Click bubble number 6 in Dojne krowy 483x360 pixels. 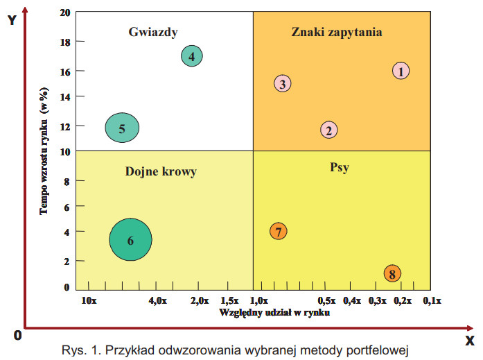(x=130, y=240)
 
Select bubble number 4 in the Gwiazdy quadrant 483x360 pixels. (x=192, y=56)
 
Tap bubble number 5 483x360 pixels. (x=122, y=128)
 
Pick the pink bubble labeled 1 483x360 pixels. (x=401, y=70)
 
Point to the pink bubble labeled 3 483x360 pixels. (x=282, y=83)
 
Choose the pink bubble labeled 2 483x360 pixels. (x=329, y=130)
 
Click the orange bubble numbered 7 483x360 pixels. (x=278, y=232)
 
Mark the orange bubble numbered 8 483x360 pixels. (x=392, y=273)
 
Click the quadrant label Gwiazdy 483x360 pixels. (x=154, y=31)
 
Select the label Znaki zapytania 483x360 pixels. (x=337, y=31)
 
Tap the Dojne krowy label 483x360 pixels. (x=161, y=171)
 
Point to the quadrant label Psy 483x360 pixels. (x=339, y=166)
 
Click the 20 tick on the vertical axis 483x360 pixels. (x=64, y=13)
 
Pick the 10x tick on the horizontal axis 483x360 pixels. (x=88, y=300)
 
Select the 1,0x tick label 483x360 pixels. (x=258, y=300)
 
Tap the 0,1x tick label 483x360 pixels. (x=432, y=300)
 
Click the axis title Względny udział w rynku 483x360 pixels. (x=274, y=312)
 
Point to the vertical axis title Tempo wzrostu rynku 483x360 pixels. (x=44, y=150)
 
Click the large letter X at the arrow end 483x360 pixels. (x=470, y=340)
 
